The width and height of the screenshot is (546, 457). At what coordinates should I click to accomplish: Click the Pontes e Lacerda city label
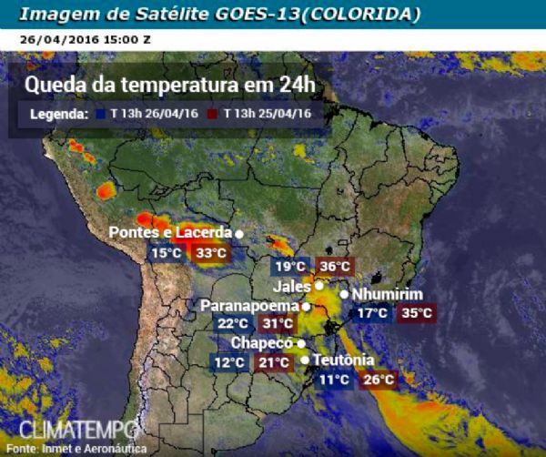click(170, 232)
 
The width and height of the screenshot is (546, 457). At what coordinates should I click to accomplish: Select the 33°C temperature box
click(211, 252)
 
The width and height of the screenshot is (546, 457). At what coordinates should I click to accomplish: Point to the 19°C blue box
click(290, 266)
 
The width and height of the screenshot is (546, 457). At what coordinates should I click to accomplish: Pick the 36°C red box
click(335, 266)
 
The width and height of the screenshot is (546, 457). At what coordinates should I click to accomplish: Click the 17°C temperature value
click(373, 313)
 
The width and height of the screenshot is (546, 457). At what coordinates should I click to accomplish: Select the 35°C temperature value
click(418, 313)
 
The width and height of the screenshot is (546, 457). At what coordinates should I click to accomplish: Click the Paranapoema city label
click(249, 305)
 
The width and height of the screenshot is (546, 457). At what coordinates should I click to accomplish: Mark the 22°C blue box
click(233, 323)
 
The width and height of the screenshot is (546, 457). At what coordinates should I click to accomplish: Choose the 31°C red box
click(278, 323)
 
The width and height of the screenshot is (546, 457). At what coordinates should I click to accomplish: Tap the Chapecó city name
click(262, 343)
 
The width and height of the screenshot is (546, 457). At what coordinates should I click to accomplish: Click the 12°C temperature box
click(229, 362)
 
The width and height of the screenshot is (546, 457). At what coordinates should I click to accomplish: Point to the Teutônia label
click(343, 360)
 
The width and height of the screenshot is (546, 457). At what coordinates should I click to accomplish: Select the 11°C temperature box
click(335, 379)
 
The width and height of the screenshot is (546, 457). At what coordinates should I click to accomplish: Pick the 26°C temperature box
click(379, 379)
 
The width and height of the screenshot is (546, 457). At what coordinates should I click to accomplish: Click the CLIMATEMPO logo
click(78, 429)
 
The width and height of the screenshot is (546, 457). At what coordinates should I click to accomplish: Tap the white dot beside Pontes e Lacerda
click(239, 233)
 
